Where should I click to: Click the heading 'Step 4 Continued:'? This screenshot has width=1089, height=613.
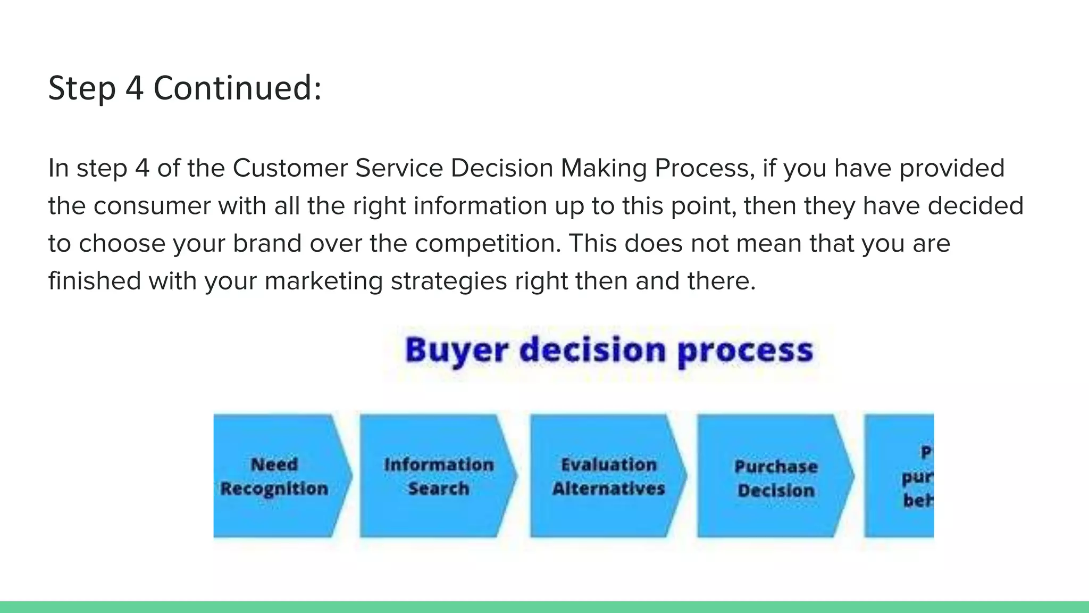pyautogui.click(x=185, y=88)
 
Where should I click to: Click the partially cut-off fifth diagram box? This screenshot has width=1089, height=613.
pyautogui.click(x=904, y=476)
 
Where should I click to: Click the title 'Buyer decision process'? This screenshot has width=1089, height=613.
pyautogui.click(x=609, y=351)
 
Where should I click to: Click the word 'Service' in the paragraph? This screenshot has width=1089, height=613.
pyautogui.click(x=399, y=168)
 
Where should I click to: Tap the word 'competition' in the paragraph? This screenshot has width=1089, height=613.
pyautogui.click(x=488, y=244)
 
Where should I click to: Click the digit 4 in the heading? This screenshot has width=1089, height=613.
pyautogui.click(x=135, y=88)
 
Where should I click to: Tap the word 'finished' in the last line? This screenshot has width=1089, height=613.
pyautogui.click(x=95, y=281)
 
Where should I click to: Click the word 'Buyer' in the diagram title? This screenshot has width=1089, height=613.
pyautogui.click(x=456, y=351)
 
